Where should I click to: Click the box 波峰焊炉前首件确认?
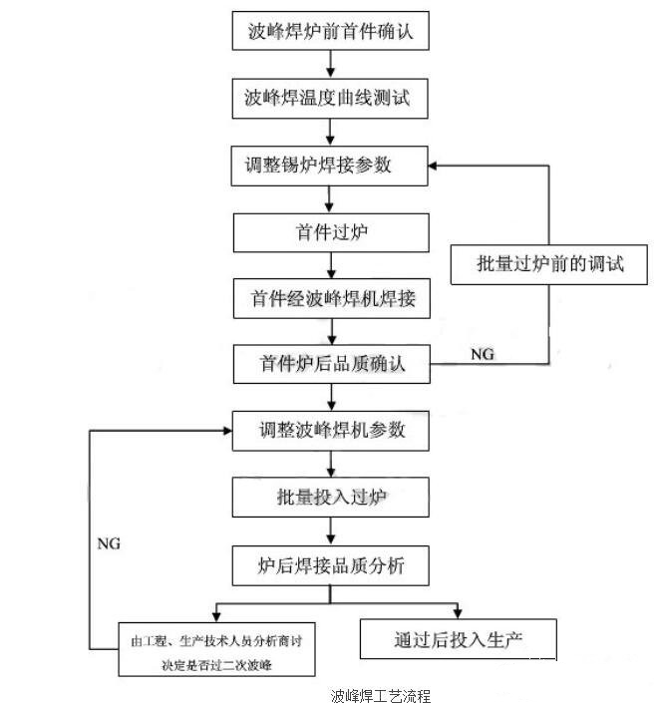[x=332, y=32]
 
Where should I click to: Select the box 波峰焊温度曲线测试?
[x=332, y=99]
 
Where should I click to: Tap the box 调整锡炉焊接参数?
[x=332, y=165]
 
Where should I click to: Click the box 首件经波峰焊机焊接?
[x=332, y=297]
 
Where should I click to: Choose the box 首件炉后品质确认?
[x=332, y=363]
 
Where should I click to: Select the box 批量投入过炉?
[x=332, y=496]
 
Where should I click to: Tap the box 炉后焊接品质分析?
[x=332, y=564]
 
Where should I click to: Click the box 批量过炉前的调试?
[x=551, y=264]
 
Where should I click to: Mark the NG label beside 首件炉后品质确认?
[x=482, y=353]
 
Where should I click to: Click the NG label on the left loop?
[x=109, y=544]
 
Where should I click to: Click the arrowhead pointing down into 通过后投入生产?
[x=459, y=610]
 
